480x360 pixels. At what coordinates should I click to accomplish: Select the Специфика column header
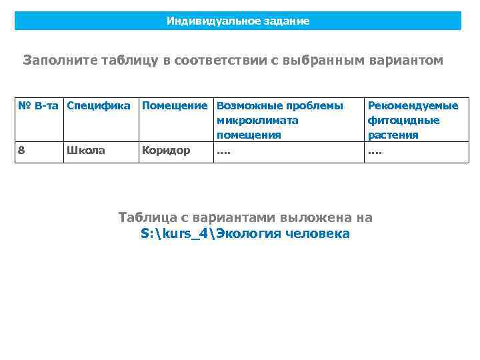[99, 106]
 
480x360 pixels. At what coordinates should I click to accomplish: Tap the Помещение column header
[175, 106]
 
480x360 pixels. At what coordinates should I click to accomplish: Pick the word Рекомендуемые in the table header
[413, 106]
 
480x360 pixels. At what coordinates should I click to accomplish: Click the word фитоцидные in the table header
[403, 121]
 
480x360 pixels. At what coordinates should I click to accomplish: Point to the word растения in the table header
[393, 135]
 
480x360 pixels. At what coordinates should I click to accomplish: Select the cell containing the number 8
[22, 150]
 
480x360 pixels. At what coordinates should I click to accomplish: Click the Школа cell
[85, 150]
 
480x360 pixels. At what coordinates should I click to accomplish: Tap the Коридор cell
[167, 150]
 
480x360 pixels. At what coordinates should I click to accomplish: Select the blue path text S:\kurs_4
[173, 234]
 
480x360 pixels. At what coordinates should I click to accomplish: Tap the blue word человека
[316, 234]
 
